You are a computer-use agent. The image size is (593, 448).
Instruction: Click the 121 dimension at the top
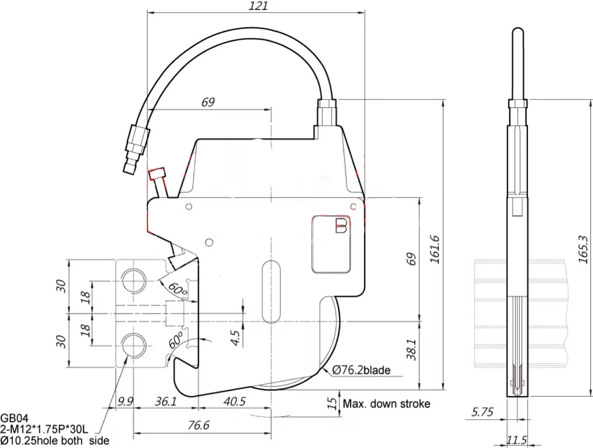point(258,6)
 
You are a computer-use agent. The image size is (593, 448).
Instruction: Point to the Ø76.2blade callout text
point(361,370)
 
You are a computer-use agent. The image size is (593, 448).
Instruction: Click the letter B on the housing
point(341,226)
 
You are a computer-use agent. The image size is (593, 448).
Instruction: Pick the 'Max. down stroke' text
point(387,404)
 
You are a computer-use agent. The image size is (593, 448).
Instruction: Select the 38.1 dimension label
point(412,349)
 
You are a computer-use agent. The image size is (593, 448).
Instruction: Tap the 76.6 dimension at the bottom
point(199,425)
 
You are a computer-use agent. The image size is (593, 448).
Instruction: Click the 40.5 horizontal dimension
point(234,401)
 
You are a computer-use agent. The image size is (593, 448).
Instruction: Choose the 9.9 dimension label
point(125,401)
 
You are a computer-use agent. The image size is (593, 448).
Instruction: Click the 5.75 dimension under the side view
point(482,412)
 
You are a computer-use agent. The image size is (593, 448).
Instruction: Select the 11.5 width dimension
point(516,440)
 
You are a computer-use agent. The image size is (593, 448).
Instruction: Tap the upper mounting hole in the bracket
point(134,280)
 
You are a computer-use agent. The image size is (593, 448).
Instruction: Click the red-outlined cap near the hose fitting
point(157,174)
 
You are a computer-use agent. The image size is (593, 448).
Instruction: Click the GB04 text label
point(14,418)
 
